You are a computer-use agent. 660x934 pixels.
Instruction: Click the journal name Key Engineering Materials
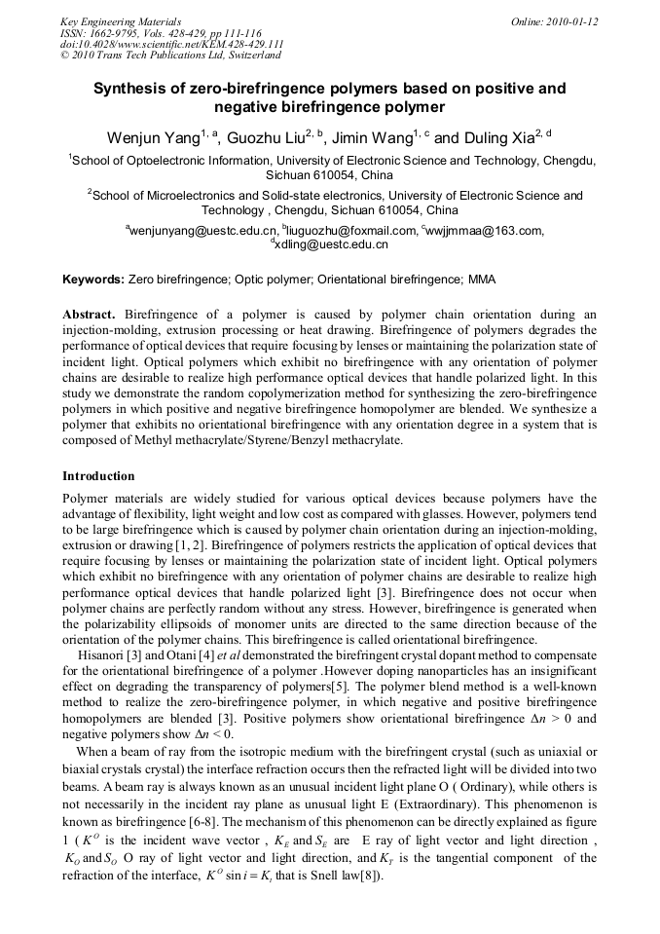click(x=121, y=21)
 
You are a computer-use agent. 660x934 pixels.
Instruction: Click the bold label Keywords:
click(x=93, y=280)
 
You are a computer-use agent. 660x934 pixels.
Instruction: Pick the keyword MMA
click(x=482, y=280)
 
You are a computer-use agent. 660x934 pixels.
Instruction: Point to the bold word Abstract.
click(x=89, y=316)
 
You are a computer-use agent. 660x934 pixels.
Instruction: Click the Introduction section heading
click(x=98, y=476)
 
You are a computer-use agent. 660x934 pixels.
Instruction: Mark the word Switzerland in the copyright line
click(x=252, y=56)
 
